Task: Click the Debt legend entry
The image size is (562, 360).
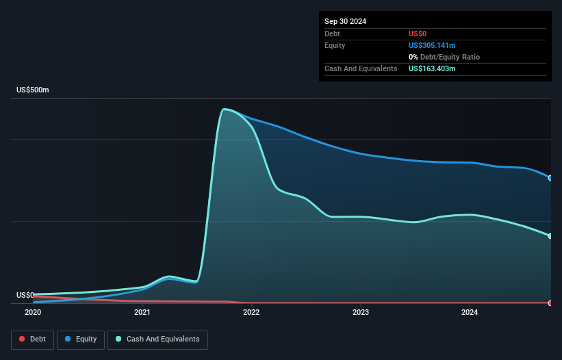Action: click(x=34, y=339)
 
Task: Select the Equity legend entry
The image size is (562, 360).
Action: click(x=81, y=339)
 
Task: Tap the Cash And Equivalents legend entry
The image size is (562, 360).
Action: click(x=157, y=339)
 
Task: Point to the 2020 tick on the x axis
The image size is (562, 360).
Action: click(x=33, y=313)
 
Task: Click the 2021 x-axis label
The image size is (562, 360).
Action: click(x=142, y=313)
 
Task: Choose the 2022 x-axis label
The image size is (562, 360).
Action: click(x=251, y=313)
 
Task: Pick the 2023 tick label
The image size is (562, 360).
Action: click(x=361, y=313)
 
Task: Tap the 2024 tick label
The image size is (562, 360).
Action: click(x=470, y=313)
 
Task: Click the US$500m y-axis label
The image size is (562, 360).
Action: click(x=33, y=90)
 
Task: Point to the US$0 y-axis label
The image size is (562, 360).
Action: click(x=25, y=295)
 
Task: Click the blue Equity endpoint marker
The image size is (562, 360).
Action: click(x=550, y=178)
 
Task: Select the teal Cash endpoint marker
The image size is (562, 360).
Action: click(x=550, y=236)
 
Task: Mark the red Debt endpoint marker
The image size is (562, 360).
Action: click(x=550, y=303)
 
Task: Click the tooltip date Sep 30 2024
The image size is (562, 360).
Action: click(x=346, y=21)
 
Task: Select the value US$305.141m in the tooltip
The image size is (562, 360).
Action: click(x=432, y=45)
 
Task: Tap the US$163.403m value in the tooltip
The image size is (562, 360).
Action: click(x=432, y=68)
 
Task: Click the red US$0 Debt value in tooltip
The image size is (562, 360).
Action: click(x=418, y=34)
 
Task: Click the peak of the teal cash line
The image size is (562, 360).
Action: click(x=224, y=109)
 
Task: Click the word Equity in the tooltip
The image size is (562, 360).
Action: click(x=335, y=45)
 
